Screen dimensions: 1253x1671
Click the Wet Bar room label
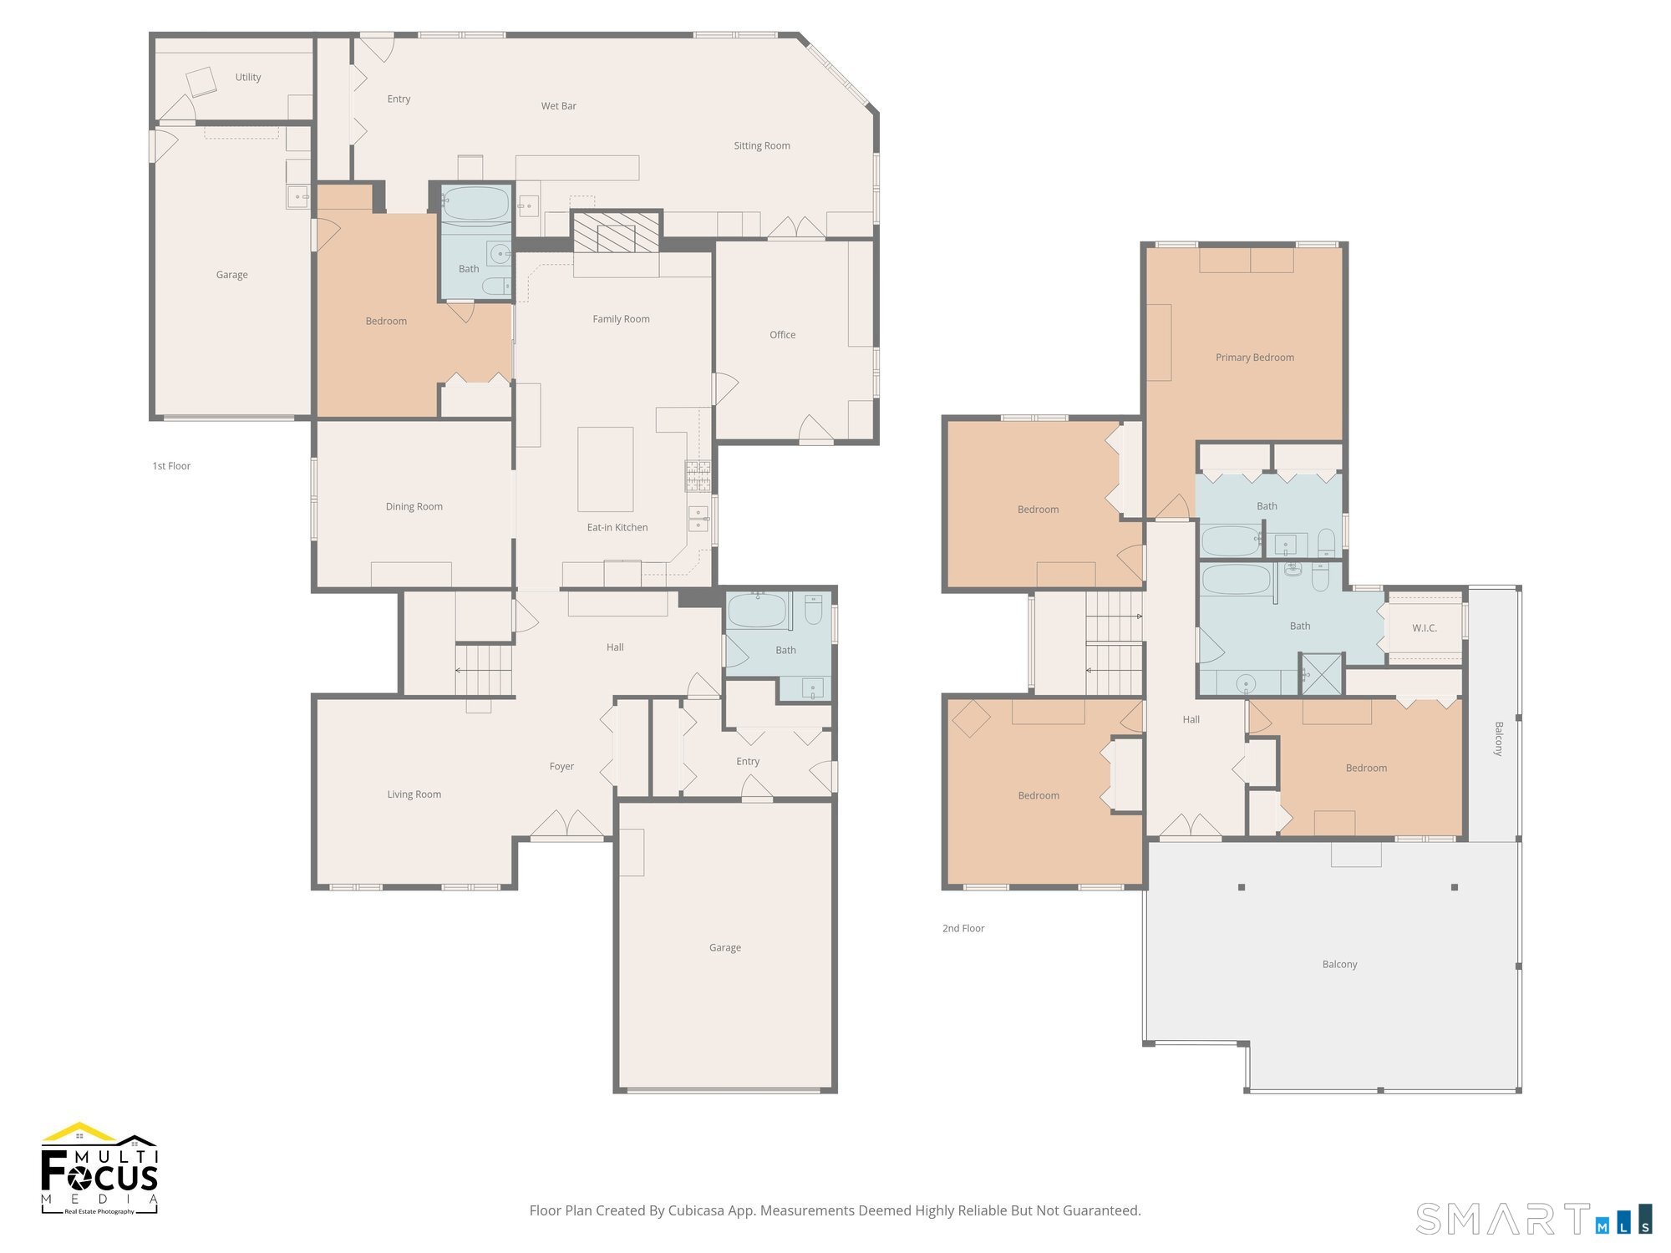click(558, 106)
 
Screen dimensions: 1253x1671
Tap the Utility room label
click(247, 77)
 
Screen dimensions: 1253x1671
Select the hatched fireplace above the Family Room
click(617, 231)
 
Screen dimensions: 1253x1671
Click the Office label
click(782, 335)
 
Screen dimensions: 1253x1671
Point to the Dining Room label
click(414, 506)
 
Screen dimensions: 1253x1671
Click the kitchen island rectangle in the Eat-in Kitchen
click(605, 469)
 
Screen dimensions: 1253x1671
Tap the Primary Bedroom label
click(1254, 358)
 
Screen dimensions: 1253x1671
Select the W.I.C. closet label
click(1424, 628)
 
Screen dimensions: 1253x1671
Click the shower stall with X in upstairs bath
click(1321, 674)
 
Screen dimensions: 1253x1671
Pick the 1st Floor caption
click(171, 466)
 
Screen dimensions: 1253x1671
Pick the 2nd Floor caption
click(963, 928)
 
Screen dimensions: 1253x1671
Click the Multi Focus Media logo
click(99, 1169)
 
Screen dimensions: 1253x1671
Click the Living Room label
click(414, 794)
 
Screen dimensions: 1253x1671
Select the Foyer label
click(561, 766)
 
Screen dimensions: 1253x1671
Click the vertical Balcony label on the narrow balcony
click(1498, 738)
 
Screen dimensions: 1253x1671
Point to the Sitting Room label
click(761, 145)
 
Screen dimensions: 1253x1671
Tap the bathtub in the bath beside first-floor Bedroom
click(475, 204)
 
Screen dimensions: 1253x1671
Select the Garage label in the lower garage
click(724, 947)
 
